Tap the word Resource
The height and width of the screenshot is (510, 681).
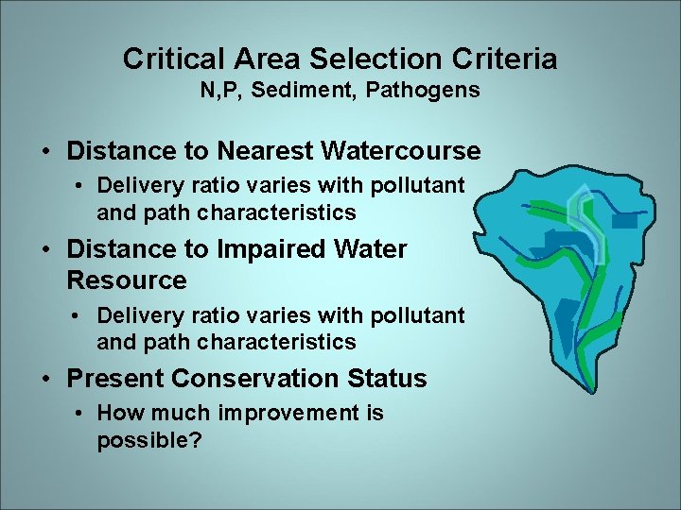(127, 280)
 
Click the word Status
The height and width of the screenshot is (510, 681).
(388, 379)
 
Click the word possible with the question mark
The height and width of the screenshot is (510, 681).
(148, 441)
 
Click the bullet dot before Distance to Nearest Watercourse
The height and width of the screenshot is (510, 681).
(45, 151)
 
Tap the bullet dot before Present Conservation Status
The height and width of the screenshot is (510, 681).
(45, 379)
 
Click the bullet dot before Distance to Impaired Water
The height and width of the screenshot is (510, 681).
(45, 249)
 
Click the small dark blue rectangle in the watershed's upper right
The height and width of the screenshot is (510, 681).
(625, 221)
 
